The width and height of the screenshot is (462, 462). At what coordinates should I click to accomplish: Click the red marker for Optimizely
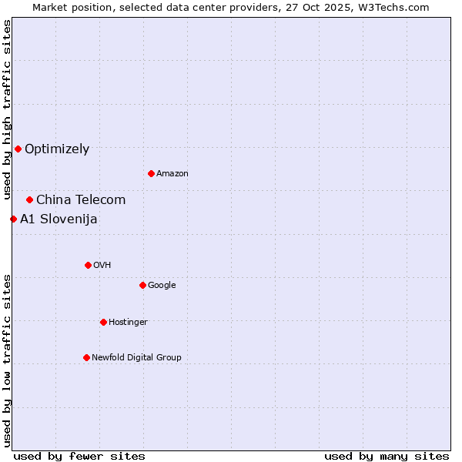point(18,149)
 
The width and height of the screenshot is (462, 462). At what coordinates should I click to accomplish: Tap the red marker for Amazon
point(151,173)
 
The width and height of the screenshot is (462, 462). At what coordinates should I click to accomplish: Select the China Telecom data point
point(29,199)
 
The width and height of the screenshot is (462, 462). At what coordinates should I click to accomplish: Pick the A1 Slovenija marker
point(13,219)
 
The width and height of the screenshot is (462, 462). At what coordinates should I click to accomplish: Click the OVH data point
point(88,265)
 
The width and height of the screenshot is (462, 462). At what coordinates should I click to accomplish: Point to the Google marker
point(142,285)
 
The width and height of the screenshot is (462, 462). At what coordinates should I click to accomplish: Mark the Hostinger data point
point(103,322)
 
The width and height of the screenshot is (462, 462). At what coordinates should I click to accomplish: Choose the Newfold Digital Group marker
point(86,357)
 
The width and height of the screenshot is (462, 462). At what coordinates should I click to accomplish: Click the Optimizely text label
point(57,149)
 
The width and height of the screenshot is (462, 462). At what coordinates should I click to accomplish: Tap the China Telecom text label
point(81,200)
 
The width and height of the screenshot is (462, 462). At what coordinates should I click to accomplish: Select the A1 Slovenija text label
point(59,219)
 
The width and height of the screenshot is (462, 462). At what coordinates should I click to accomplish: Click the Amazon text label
point(172,174)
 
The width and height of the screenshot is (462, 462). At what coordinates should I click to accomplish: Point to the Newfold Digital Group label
point(137,357)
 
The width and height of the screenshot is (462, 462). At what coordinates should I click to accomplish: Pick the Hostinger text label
point(128,322)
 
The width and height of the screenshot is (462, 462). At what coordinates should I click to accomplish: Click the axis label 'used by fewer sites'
point(79,456)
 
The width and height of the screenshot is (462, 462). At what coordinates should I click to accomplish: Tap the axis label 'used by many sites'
point(387,456)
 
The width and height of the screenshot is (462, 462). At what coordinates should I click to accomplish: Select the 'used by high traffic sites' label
point(7,109)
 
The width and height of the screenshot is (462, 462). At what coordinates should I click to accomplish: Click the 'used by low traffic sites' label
point(7,360)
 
